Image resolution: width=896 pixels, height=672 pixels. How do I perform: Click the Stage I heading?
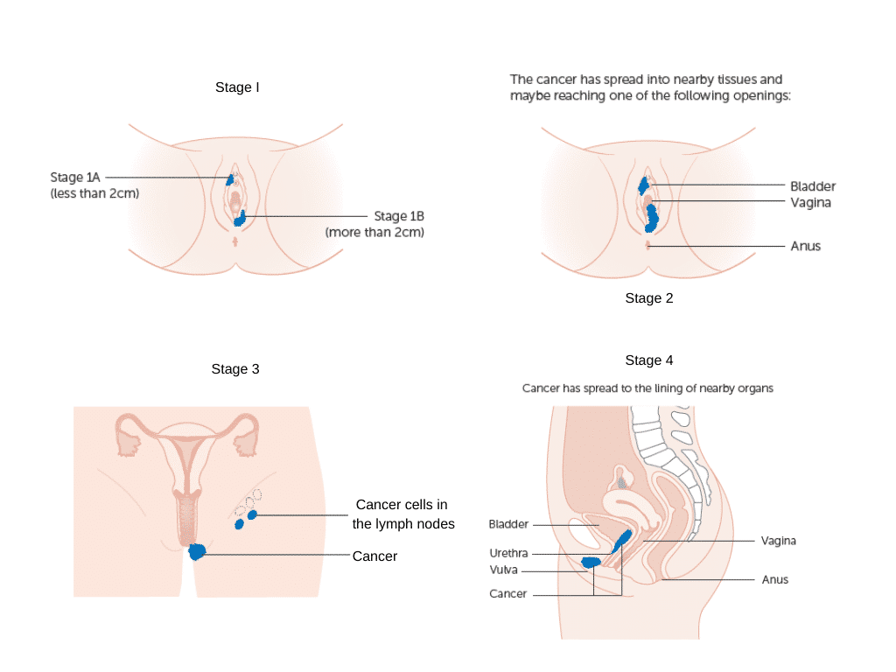tap(237, 87)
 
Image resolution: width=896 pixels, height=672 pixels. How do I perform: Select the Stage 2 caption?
tap(648, 298)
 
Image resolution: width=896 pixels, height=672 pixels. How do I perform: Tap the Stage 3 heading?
tap(235, 369)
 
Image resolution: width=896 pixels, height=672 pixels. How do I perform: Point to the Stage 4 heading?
tap(648, 360)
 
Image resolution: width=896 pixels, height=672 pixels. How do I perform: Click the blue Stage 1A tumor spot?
tap(230, 178)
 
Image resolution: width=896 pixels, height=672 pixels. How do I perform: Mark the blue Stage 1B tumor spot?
tap(239, 218)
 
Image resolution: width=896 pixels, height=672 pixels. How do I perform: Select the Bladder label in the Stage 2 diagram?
tap(813, 186)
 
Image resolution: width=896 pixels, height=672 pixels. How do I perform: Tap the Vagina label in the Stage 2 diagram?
tap(810, 202)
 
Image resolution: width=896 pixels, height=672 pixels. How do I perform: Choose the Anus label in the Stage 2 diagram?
tap(805, 247)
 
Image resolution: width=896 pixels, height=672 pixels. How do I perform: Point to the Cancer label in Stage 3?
tap(374, 556)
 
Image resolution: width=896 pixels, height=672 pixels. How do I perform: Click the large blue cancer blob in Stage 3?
tap(198, 551)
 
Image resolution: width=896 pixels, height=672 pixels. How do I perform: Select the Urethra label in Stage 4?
tap(508, 554)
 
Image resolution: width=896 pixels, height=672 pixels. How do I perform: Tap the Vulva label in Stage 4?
tap(504, 570)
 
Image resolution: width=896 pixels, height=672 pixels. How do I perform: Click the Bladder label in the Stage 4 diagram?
tap(508, 525)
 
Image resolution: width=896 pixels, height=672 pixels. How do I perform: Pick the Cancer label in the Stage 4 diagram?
tap(508, 594)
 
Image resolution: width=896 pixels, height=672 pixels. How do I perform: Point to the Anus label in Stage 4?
tap(774, 580)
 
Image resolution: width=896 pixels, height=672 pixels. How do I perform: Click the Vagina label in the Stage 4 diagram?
tap(778, 542)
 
